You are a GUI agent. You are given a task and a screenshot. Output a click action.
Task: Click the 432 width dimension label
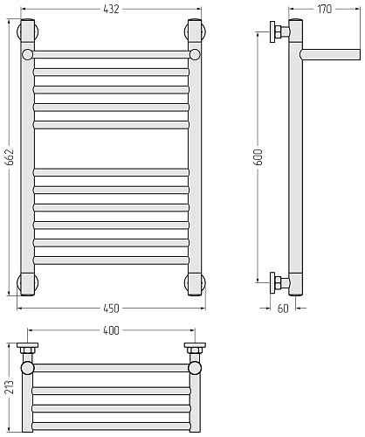point(111,10)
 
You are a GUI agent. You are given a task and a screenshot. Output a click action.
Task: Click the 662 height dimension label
point(10,157)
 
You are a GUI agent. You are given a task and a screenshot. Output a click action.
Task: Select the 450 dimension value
point(111,309)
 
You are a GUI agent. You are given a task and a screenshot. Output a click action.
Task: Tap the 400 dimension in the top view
point(111,330)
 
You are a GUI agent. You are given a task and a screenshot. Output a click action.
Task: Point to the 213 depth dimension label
point(10,387)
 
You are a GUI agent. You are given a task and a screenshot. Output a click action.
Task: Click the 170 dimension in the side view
point(324,10)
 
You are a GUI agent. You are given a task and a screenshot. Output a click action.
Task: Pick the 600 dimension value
point(258,157)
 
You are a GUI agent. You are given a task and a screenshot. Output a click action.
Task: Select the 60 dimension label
point(283,309)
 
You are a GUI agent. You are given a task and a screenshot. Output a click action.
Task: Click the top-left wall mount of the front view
point(28,31)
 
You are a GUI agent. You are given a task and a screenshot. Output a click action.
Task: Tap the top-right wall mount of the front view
point(195,31)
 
